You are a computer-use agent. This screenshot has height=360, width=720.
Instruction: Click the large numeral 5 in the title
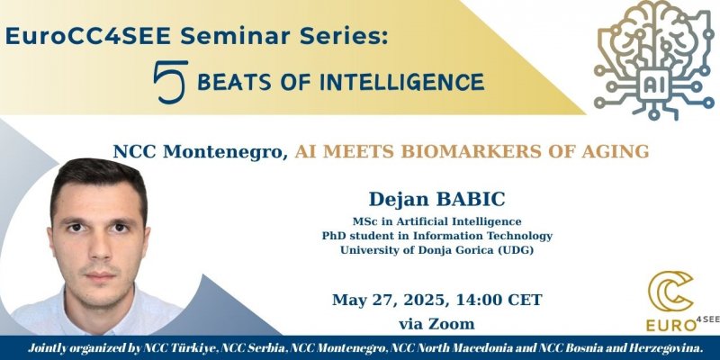click(170, 82)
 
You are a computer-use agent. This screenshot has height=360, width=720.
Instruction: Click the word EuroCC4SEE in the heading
click(88, 36)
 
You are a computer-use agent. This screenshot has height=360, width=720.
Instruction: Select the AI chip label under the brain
click(652, 85)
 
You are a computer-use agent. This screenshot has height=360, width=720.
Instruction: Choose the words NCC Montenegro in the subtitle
click(200, 152)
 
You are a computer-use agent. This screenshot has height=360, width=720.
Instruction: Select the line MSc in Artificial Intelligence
click(436, 221)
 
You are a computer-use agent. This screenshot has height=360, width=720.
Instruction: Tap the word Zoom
click(454, 324)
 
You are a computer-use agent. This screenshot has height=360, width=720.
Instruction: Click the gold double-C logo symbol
click(670, 291)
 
